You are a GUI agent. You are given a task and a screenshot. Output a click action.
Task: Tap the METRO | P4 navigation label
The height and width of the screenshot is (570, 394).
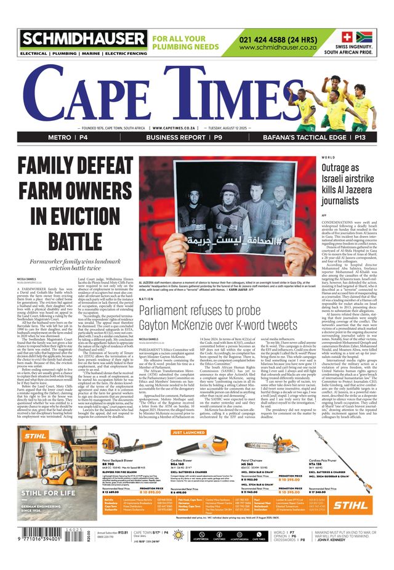point(68,137)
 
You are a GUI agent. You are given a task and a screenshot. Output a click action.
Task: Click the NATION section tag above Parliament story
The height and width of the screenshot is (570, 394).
point(146,299)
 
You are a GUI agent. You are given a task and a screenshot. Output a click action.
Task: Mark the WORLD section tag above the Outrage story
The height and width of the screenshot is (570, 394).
point(328,157)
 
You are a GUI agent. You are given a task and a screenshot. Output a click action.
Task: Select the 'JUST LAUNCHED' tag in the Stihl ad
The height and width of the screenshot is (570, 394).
point(187,433)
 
